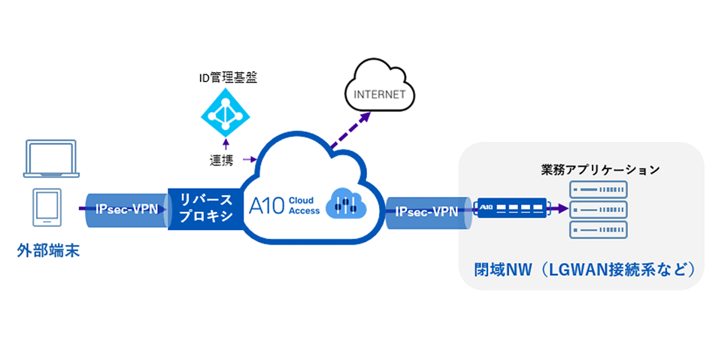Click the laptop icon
50,159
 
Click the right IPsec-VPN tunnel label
426,211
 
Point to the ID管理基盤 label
223,77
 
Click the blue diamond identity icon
223,112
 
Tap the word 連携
223,159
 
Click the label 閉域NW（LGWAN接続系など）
582,268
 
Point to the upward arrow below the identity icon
223,144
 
